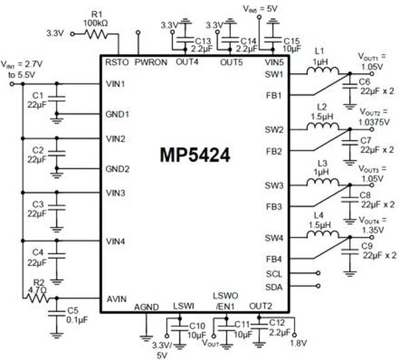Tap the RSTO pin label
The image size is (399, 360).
pyautogui.click(x=116, y=61)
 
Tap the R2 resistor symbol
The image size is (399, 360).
pyautogui.click(x=36, y=299)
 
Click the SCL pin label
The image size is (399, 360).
pyautogui.click(x=274, y=273)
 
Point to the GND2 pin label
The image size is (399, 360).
pyautogui.click(x=117, y=168)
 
